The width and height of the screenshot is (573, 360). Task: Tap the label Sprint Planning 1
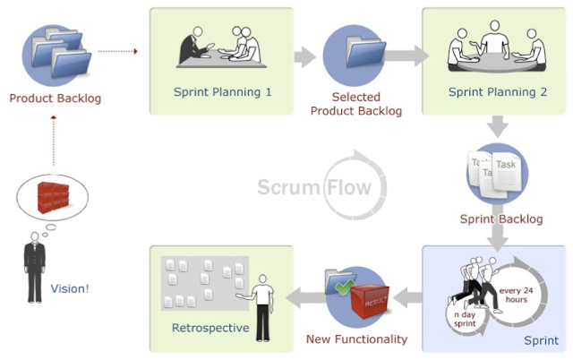[x=222, y=91]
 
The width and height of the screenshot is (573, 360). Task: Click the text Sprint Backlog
[x=500, y=219]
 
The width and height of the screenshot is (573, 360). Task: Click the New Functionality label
[x=356, y=339]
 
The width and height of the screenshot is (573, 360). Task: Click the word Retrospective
[x=210, y=328]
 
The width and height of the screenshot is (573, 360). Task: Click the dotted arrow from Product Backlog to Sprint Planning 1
[x=117, y=52]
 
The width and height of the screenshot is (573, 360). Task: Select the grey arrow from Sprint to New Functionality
[x=408, y=296]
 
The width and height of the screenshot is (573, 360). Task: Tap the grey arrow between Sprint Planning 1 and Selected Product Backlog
[x=305, y=56]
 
